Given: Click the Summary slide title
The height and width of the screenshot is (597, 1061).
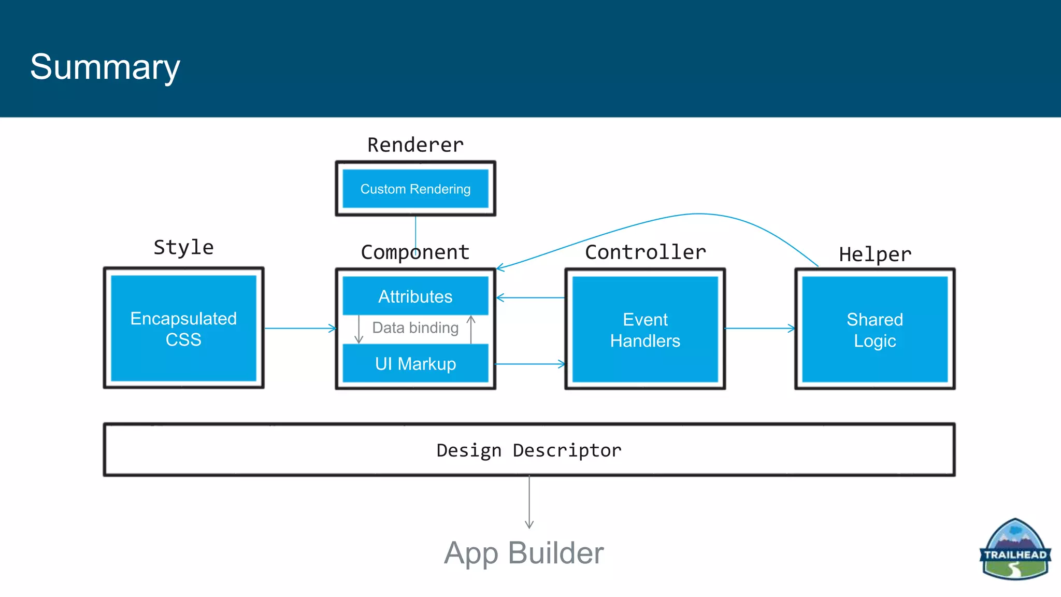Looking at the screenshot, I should pyautogui.click(x=105, y=67).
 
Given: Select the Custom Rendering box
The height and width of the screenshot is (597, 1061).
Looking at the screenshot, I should pyautogui.click(x=415, y=189).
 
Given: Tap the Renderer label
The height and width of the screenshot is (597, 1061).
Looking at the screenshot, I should pyautogui.click(x=415, y=145).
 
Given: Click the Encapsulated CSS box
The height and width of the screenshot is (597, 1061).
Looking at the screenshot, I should pyautogui.click(x=183, y=329).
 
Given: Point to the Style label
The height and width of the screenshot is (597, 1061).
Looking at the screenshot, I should pyautogui.click(x=183, y=247).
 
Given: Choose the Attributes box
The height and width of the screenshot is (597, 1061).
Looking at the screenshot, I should pyautogui.click(x=415, y=296).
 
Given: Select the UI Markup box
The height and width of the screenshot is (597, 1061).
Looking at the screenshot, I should pyautogui.click(x=415, y=364).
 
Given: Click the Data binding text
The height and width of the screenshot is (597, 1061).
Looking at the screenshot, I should pyautogui.click(x=415, y=328).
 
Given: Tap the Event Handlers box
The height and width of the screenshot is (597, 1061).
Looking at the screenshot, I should pyautogui.click(x=645, y=330).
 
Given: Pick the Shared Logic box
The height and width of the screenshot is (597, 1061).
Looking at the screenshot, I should pyautogui.click(x=874, y=330).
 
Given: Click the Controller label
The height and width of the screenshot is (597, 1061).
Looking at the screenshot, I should pyautogui.click(x=645, y=252).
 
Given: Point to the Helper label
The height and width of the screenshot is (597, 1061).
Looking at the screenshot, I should pyautogui.click(x=874, y=254).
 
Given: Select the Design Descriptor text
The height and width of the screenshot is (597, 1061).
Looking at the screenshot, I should pyautogui.click(x=529, y=450).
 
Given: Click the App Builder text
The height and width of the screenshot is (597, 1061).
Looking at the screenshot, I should pyautogui.click(x=524, y=553).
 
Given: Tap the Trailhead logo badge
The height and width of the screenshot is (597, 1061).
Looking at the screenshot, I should pyautogui.click(x=1015, y=549).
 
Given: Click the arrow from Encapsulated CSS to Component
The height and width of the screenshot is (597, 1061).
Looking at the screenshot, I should pyautogui.click(x=300, y=328).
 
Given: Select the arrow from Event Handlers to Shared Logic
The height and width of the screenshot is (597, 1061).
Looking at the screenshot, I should pyautogui.click(x=759, y=328).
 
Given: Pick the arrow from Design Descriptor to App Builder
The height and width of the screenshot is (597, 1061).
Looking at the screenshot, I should pyautogui.click(x=529, y=502).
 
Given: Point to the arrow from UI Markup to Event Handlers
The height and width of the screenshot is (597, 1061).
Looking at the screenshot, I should pyautogui.click(x=529, y=364).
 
